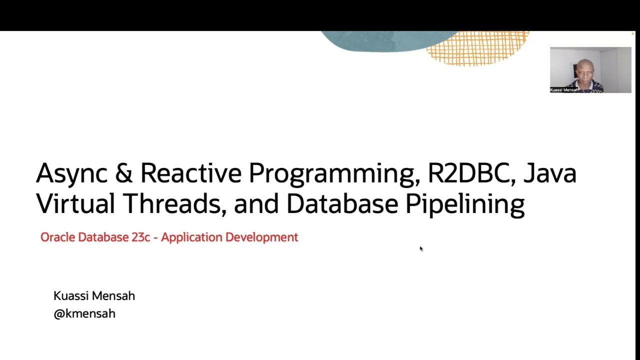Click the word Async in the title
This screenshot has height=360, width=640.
point(71,173)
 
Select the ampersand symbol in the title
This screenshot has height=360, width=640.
point(123,173)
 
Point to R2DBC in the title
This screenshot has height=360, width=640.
point(471,173)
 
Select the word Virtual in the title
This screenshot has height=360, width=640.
point(75,203)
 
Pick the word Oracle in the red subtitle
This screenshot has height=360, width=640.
point(57,237)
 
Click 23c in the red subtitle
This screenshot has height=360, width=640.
point(140,237)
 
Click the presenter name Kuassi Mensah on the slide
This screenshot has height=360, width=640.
point(94,296)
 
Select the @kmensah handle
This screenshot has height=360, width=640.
point(84,313)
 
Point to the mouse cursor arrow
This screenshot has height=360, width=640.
point(421,248)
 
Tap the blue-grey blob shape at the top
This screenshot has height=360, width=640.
point(380,41)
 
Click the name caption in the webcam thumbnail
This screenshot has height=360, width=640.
point(563,90)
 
